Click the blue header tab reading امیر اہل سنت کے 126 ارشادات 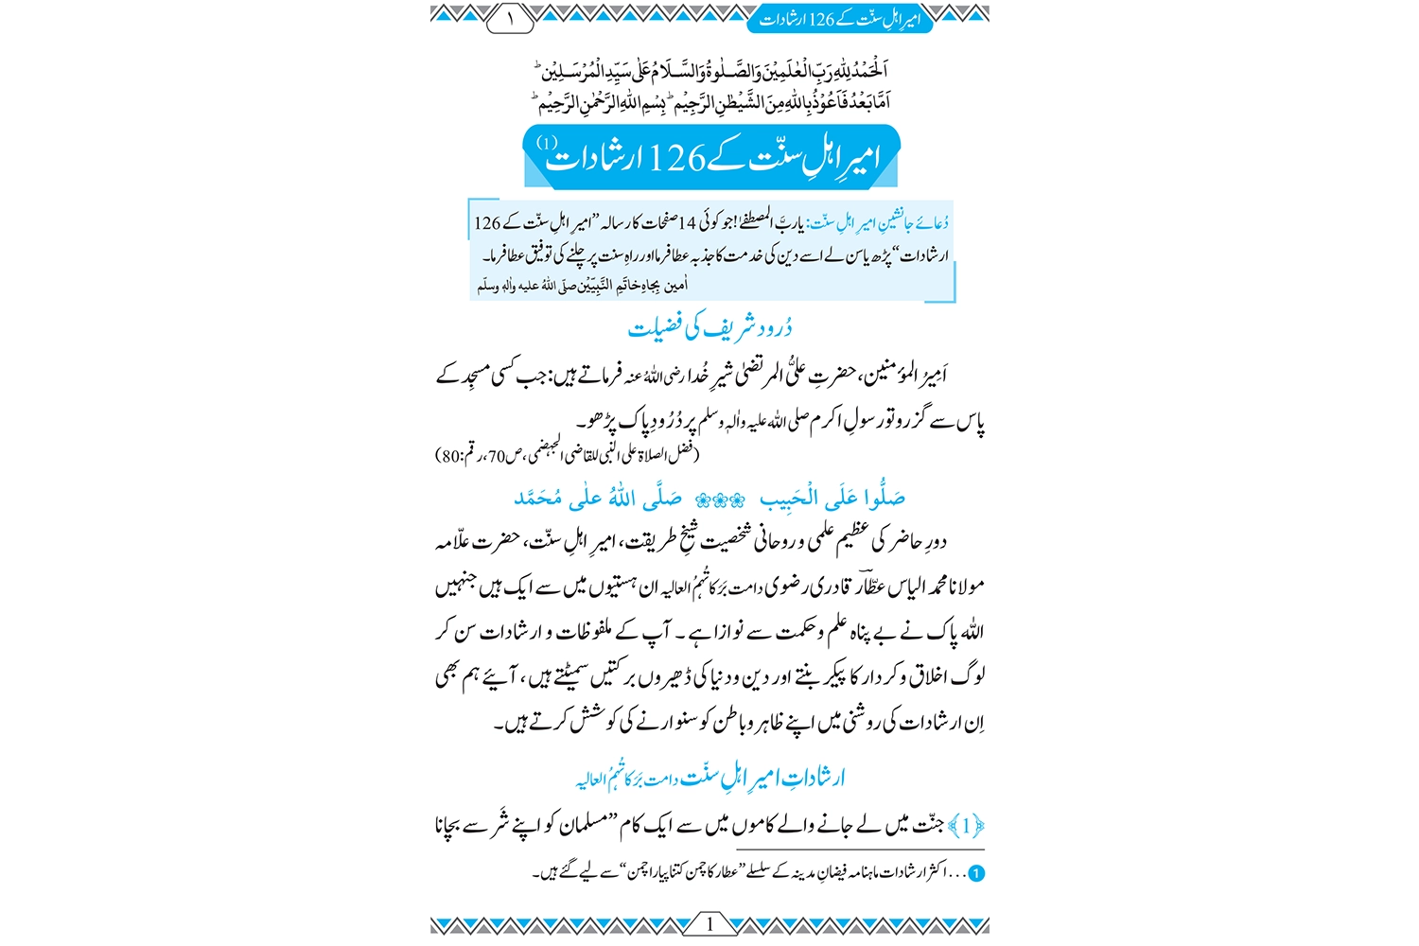(x=840, y=19)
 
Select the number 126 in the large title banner (x=677, y=159)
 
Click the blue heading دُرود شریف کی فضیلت (x=710, y=327)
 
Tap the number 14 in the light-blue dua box (x=688, y=223)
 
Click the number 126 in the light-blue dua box (x=487, y=223)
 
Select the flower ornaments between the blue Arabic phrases (x=720, y=499)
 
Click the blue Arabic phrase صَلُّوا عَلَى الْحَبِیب (x=832, y=498)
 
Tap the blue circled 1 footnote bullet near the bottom (x=976, y=874)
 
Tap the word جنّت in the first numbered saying (x=926, y=826)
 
